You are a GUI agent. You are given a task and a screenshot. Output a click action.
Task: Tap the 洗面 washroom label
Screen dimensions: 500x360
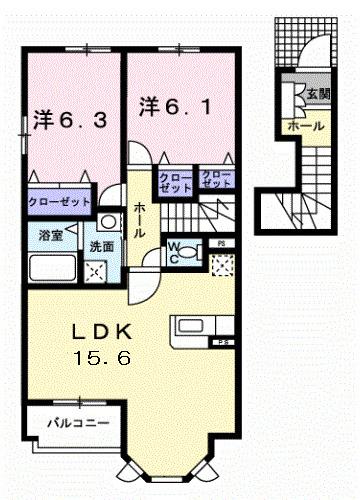point(101,245)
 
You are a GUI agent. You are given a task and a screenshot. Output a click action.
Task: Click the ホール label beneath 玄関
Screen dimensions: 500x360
point(304,127)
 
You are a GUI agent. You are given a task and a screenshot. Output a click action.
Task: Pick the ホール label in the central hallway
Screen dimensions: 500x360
point(139,219)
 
